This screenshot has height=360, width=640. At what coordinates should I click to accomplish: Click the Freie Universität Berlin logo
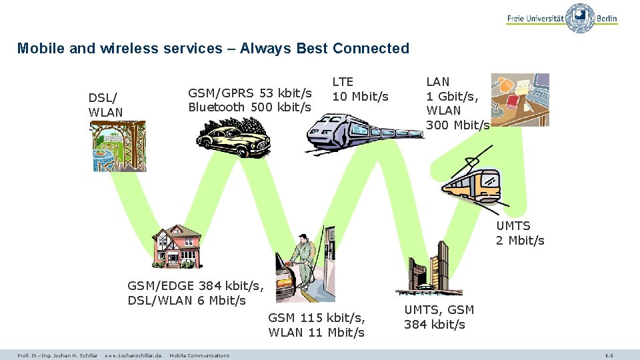point(561,19)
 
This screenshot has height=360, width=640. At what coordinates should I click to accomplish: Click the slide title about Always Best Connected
point(213,49)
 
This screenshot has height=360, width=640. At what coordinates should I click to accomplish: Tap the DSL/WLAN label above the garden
point(105,105)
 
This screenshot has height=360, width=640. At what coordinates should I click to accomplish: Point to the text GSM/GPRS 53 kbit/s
point(250,93)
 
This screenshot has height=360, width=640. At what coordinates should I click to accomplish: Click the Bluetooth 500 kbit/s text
point(249,107)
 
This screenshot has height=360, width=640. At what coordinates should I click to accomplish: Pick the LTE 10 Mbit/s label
point(360,89)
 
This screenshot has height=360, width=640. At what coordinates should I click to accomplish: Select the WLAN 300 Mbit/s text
point(457,117)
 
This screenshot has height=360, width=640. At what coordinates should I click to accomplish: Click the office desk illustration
point(520,100)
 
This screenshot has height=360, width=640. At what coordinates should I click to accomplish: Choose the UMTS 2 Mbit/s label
point(519,233)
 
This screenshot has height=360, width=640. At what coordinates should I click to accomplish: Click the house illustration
point(176,246)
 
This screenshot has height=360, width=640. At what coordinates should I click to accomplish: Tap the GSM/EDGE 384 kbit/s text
point(195,286)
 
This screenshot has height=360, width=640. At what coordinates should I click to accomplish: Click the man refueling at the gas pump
point(301,267)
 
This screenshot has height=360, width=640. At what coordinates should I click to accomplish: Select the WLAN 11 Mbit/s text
point(316,332)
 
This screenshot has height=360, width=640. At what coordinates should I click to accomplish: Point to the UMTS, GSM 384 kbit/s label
point(439,317)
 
